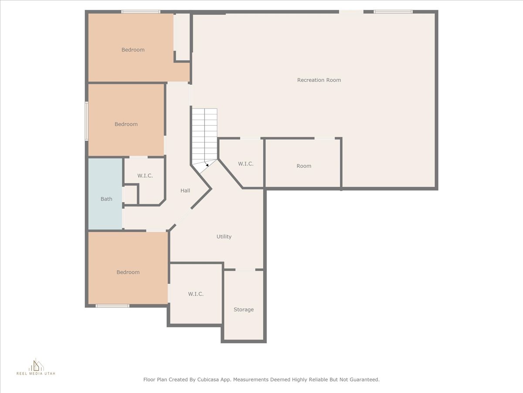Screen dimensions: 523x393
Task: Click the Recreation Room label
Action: click(319, 80)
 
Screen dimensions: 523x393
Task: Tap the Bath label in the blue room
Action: click(106, 199)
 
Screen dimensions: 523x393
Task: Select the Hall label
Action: click(185, 191)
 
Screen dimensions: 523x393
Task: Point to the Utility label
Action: click(224, 237)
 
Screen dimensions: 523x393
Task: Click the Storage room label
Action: click(244, 310)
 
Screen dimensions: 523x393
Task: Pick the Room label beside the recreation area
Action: click(304, 166)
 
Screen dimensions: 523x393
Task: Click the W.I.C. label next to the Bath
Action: click(145, 176)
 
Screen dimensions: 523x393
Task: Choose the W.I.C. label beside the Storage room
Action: click(196, 294)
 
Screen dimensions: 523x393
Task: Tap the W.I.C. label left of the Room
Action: click(246, 164)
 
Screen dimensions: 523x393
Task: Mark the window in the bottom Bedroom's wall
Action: click(112, 306)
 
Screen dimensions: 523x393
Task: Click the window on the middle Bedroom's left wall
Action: click(87, 121)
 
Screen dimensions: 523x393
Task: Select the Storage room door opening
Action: click(245, 269)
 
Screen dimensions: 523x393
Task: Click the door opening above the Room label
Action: click(325, 138)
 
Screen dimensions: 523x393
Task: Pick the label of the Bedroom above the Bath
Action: click(126, 124)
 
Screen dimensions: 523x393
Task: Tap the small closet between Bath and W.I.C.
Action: click(130, 194)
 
